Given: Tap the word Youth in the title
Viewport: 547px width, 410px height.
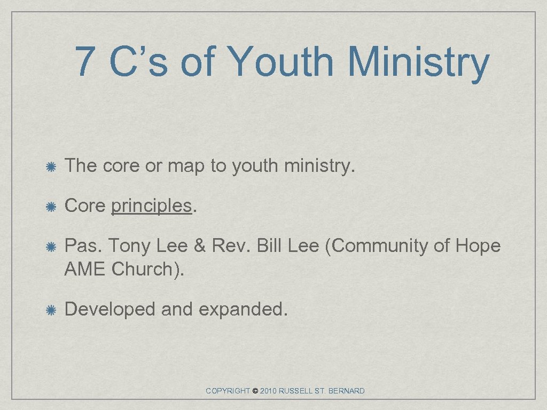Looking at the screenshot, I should click(x=282, y=61).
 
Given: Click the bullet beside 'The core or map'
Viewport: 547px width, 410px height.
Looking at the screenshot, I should click(x=51, y=167).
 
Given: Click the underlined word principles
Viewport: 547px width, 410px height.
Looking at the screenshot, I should click(x=151, y=207).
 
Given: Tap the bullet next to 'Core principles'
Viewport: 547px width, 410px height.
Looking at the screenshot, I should click(x=51, y=207).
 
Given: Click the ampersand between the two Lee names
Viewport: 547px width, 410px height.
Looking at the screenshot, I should click(x=200, y=246).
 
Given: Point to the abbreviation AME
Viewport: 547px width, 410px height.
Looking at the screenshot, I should click(x=85, y=269).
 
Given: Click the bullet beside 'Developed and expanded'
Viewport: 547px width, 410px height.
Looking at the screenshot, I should click(x=51, y=310).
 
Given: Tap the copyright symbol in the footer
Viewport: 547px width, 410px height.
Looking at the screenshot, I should click(x=255, y=391).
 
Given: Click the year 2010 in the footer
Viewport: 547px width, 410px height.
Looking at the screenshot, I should click(x=269, y=391).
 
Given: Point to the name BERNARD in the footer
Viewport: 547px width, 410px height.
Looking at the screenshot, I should click(x=346, y=391).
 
